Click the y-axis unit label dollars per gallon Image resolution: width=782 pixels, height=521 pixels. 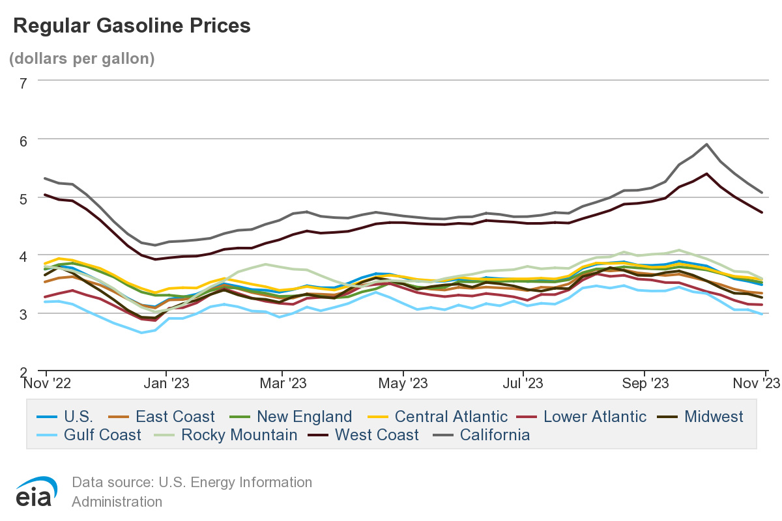81,59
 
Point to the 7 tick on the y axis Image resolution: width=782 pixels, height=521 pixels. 23,83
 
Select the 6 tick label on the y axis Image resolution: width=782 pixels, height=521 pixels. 23,140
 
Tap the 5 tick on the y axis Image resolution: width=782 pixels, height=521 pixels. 23,198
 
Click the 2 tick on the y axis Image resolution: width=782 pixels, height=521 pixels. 23,371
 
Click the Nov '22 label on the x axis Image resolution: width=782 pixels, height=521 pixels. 47,384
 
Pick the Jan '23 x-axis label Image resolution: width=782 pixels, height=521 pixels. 166,384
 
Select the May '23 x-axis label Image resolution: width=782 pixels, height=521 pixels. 404,384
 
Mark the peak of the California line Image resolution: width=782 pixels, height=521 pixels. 706,145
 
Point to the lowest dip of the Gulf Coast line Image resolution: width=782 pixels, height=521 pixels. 141,333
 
